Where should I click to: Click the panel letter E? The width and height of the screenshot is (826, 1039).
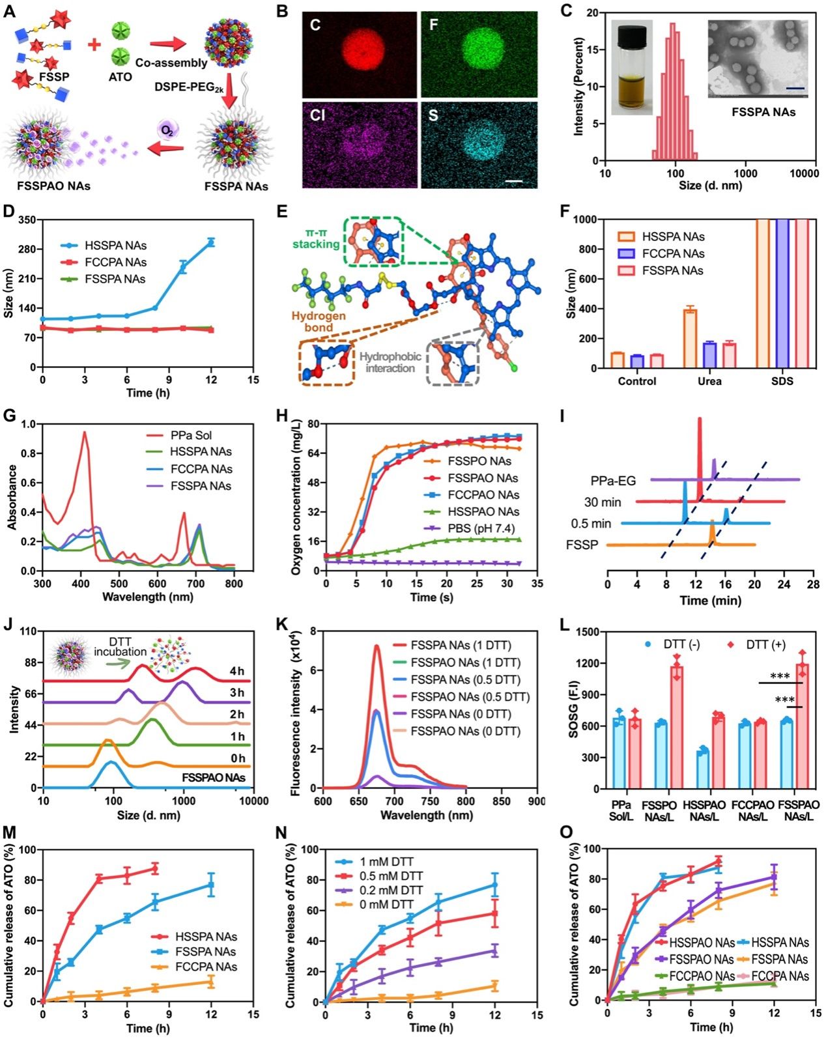coord(282,212)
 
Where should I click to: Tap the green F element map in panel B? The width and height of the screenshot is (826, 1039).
coord(479,55)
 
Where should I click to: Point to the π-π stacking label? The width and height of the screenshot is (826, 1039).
coord(315,238)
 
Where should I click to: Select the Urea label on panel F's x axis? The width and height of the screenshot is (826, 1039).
coord(709,381)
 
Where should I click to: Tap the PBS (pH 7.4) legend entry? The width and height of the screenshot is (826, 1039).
coord(483,528)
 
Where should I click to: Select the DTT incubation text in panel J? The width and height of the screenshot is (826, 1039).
coord(121,646)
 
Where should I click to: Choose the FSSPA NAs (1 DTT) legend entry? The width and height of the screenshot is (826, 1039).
coord(461,646)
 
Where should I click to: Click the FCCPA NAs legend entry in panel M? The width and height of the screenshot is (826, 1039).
coord(206,967)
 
